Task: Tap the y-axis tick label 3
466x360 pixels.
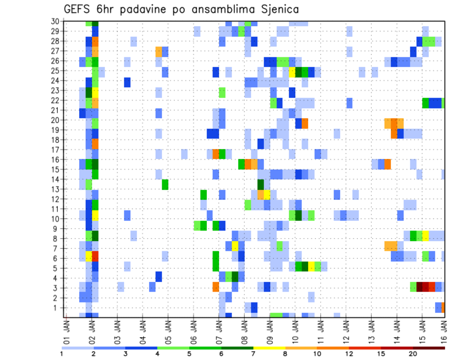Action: (56, 287)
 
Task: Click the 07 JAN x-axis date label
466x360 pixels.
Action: (219, 330)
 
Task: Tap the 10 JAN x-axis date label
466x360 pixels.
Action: (295, 330)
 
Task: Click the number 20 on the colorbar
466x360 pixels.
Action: (413, 354)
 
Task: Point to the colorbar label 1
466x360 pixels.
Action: (62, 354)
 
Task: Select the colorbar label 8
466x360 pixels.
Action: (285, 354)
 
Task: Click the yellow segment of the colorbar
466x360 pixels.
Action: (269, 348)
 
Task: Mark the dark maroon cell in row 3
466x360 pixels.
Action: (422, 287)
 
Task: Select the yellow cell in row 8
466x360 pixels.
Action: (426, 236)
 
